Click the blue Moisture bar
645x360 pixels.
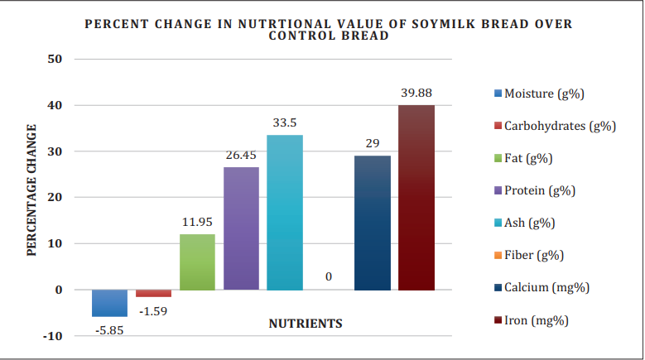[109, 303]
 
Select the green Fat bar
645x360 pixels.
[198, 262]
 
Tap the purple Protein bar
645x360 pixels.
[241, 228]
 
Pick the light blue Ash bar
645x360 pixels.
[285, 212]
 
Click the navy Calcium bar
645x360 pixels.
[373, 223]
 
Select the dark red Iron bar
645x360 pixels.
[416, 198]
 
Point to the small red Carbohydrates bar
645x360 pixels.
[153, 293]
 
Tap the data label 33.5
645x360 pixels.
[285, 122]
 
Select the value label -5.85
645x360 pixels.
[108, 329]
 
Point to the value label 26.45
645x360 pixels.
[241, 155]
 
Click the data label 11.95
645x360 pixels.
[198, 222]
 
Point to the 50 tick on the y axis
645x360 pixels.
[56, 60]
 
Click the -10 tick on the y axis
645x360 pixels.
[54, 336]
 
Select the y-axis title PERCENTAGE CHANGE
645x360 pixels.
[32, 190]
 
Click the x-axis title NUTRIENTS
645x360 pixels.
[306, 324]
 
